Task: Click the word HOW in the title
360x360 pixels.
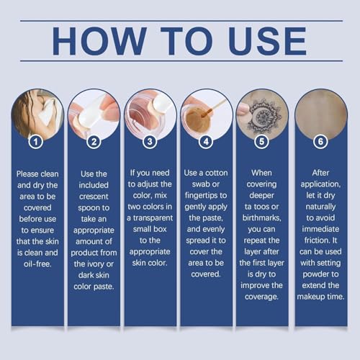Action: [x=99, y=41]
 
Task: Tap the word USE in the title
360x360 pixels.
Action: [x=268, y=41]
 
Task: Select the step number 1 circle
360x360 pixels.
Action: [x=36, y=142]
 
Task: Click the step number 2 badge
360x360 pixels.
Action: [x=94, y=142]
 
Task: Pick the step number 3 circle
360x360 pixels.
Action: [x=150, y=142]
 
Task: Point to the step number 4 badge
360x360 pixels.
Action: [x=206, y=142]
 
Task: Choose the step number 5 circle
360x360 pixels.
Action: [x=261, y=142]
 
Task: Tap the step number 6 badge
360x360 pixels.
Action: [x=320, y=142]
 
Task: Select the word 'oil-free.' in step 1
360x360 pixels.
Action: [x=37, y=264]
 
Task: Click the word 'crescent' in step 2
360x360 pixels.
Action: [x=94, y=197]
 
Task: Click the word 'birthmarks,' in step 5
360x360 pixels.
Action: [x=261, y=217]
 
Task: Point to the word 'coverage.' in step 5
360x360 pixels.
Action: [x=261, y=297]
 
